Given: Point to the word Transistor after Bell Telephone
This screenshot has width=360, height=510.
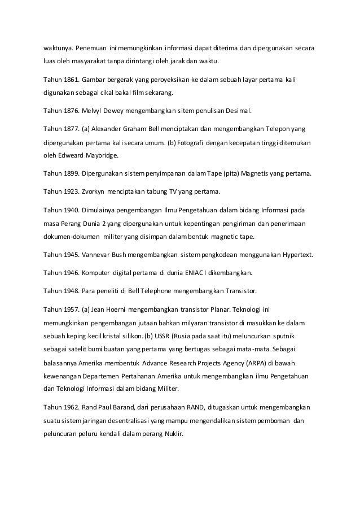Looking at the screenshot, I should tap(238, 291).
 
